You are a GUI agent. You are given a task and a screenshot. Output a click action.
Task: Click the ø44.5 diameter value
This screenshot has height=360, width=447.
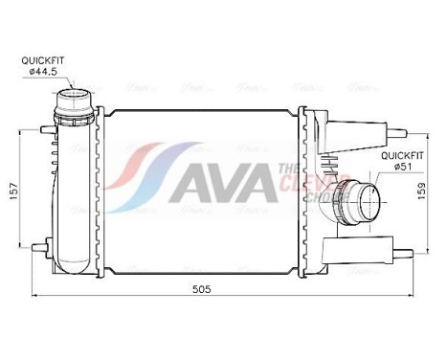pos(42,70)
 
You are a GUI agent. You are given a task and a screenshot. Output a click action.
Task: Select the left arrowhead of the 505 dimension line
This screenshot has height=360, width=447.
pos(34,296)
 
